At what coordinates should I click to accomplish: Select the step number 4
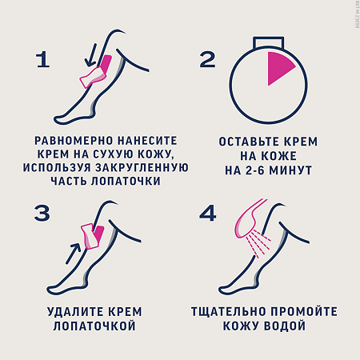(x=208, y=214)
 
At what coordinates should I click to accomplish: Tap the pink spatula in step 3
(x=89, y=237)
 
